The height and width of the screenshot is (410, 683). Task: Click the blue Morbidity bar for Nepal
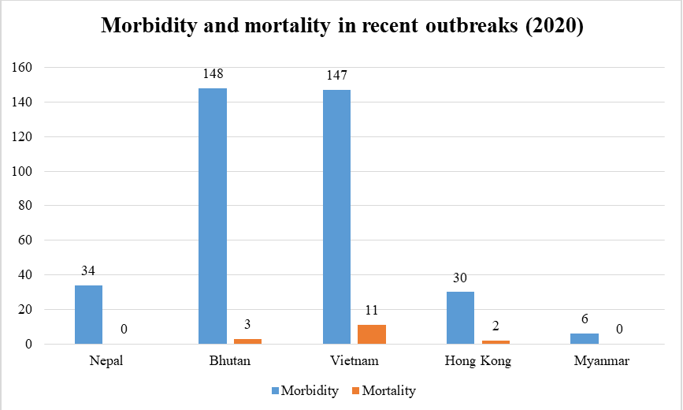click(x=88, y=315)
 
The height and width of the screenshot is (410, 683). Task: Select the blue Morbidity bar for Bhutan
click(x=213, y=216)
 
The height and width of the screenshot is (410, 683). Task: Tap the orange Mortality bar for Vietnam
click(x=372, y=334)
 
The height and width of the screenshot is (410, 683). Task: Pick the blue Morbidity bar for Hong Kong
click(x=461, y=318)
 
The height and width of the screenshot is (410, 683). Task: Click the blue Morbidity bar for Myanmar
click(x=585, y=339)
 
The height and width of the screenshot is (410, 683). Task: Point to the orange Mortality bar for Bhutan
click(x=247, y=341)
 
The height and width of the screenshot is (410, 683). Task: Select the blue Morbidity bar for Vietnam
click(x=336, y=217)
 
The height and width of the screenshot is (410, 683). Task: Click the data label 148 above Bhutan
click(x=213, y=74)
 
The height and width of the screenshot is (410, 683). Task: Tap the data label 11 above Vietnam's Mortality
click(x=372, y=310)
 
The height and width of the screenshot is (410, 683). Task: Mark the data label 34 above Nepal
click(x=88, y=271)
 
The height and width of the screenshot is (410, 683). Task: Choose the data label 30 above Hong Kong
click(x=461, y=278)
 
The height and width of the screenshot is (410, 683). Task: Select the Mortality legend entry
click(x=384, y=390)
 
